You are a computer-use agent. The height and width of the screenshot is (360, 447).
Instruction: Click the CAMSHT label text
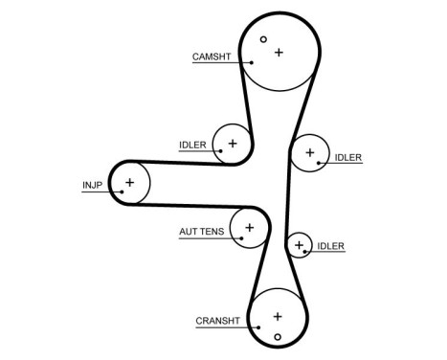[211, 56]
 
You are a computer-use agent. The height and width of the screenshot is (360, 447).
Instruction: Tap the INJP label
[92, 185]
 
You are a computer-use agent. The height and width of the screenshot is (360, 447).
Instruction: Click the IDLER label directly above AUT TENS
[192, 146]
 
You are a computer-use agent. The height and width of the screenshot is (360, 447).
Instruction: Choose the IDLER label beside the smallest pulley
[330, 247]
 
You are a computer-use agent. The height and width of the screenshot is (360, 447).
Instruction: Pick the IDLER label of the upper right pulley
[347, 156]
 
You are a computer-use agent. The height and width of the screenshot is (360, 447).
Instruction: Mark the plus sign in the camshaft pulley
[279, 52]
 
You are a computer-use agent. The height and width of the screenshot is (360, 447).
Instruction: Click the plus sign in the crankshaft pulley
[277, 315]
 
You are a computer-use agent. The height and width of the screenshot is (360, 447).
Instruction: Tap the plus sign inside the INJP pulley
[131, 181]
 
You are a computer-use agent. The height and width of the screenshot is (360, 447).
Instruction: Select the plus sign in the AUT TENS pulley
[250, 228]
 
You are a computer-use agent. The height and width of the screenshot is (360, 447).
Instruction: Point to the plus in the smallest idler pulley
[300, 246]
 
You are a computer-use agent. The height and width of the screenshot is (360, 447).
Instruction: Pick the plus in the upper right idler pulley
[308, 151]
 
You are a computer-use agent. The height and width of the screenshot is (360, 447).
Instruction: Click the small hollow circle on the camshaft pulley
[264, 40]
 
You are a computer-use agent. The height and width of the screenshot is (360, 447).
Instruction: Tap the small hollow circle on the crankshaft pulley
[278, 336]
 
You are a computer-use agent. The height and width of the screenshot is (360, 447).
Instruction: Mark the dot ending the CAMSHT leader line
[252, 62]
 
